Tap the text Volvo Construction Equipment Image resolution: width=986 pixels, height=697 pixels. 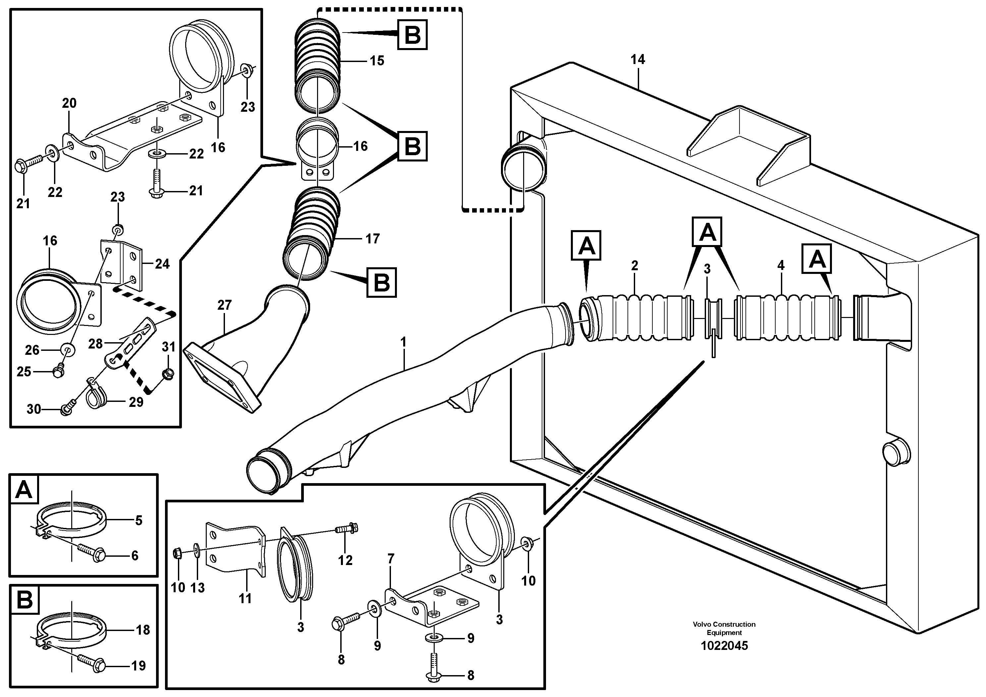pyautogui.click(x=724, y=628)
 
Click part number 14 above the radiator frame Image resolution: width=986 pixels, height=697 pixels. pyautogui.click(x=638, y=59)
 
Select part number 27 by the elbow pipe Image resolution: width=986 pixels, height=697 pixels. pyautogui.click(x=224, y=305)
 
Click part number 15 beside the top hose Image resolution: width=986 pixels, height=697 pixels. pyautogui.click(x=377, y=61)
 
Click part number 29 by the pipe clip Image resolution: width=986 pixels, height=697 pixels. pyautogui.click(x=136, y=402)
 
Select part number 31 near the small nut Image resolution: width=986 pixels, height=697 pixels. pyautogui.click(x=169, y=347)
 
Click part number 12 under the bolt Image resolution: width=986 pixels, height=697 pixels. pyautogui.click(x=345, y=560)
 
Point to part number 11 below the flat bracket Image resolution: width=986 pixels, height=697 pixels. pyautogui.click(x=245, y=598)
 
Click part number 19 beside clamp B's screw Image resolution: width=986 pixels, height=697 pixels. pyautogui.click(x=138, y=665)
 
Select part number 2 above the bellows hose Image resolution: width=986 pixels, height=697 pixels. pyautogui.click(x=635, y=266)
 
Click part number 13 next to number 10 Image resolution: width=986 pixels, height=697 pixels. pyautogui.click(x=197, y=588)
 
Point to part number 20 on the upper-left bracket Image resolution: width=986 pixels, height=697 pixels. pyautogui.click(x=69, y=103)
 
